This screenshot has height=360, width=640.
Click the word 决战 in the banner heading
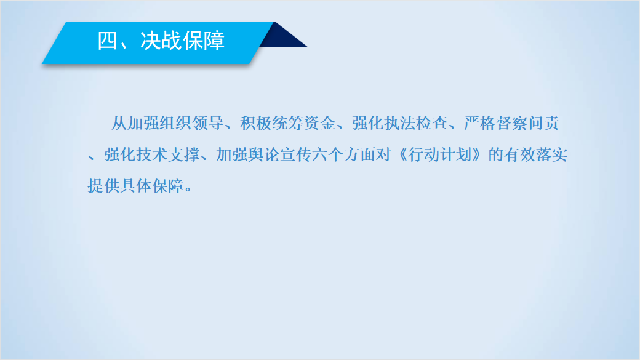[x=161, y=41]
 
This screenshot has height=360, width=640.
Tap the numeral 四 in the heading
[x=108, y=41]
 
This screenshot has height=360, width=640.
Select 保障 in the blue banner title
[x=204, y=41]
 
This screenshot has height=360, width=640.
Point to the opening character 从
[x=119, y=123]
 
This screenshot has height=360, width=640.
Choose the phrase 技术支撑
[x=168, y=154]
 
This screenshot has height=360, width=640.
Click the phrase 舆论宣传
[x=279, y=154]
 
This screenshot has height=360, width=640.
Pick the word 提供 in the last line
[x=103, y=186]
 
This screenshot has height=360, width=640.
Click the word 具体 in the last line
[x=135, y=186]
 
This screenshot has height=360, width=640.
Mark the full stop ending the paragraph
[x=188, y=190]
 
